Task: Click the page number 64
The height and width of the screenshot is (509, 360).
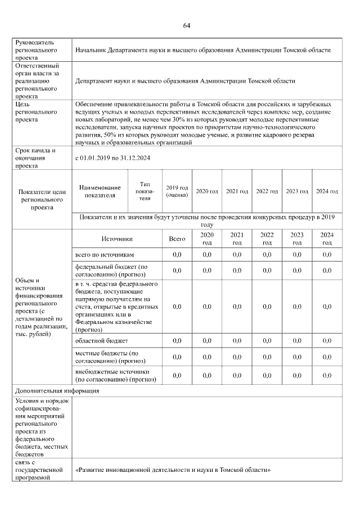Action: coord(186,26)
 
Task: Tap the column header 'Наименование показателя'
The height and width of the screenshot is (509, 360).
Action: coord(100,191)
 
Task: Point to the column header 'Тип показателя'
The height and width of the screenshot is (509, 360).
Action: coord(145,191)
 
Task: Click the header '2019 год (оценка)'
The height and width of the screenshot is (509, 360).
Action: coord(177,191)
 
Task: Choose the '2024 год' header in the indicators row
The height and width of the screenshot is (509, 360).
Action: coord(326,191)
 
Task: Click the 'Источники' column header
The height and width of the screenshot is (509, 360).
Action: coord(116,238)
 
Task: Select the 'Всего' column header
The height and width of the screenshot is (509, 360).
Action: coord(177,238)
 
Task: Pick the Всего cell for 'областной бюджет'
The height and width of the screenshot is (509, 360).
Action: coord(177,341)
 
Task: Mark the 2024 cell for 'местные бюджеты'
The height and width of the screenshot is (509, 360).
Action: coord(326,357)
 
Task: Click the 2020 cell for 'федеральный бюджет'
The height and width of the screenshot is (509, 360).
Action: coord(206,271)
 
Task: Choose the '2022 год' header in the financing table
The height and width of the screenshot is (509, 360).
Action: coord(267,238)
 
